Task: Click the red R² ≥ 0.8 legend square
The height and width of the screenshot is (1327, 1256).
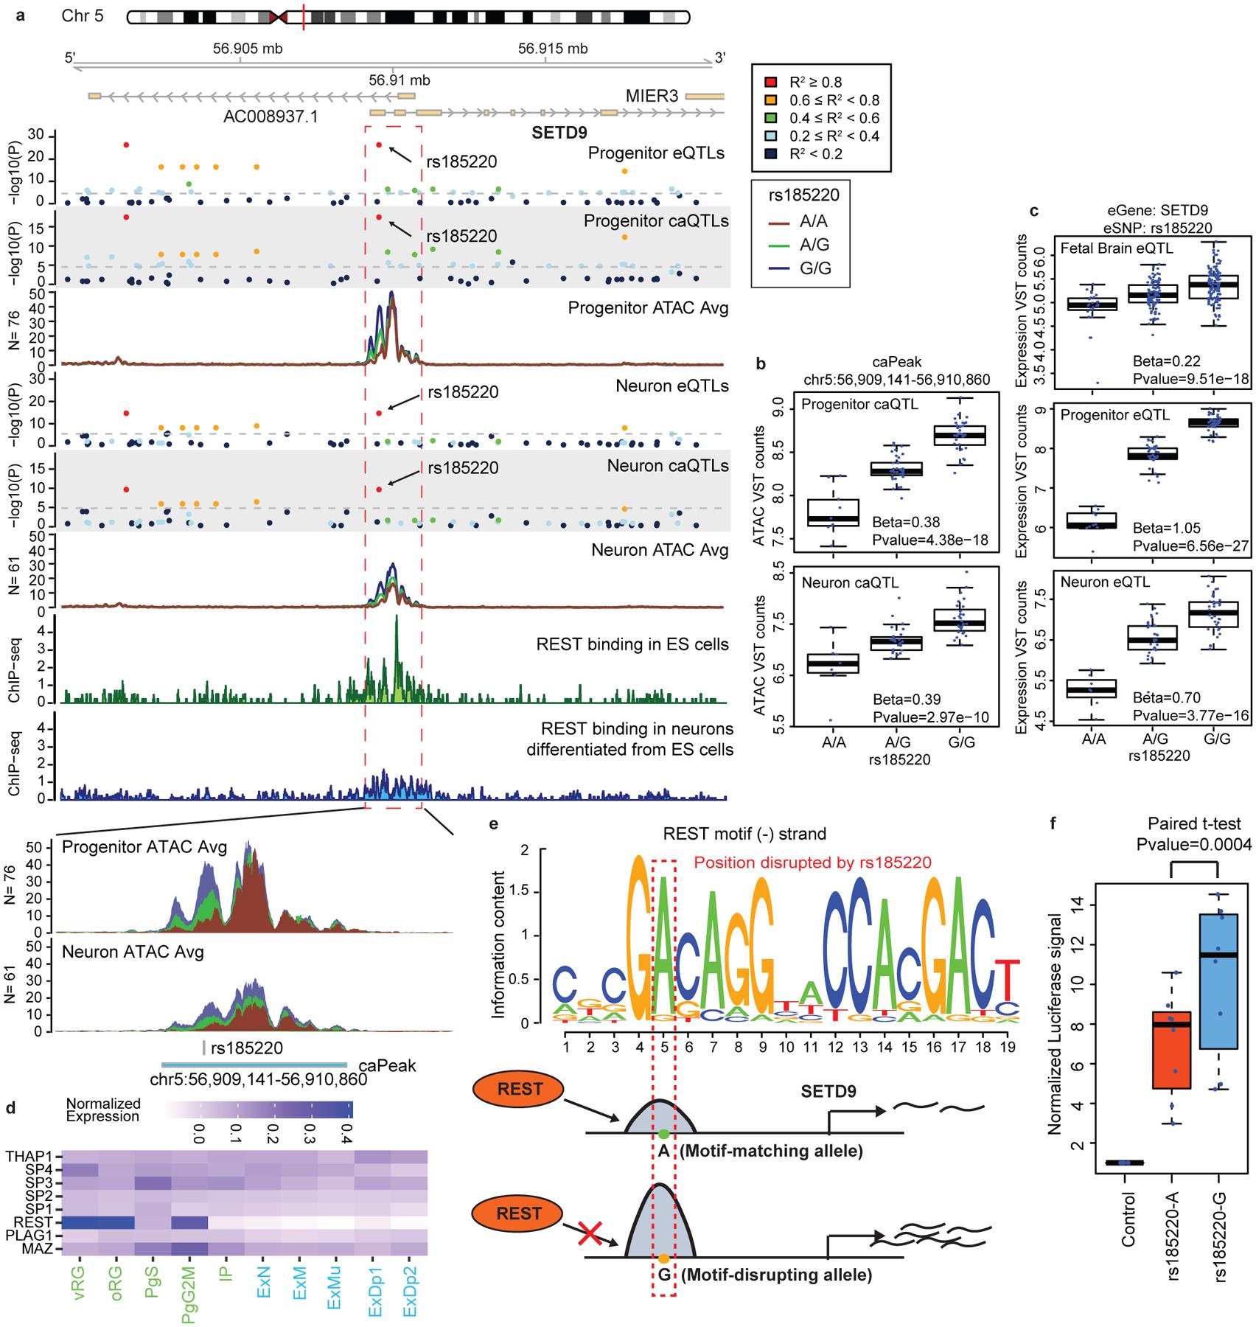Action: tap(771, 82)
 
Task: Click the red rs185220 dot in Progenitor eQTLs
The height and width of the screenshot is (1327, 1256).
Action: tap(379, 145)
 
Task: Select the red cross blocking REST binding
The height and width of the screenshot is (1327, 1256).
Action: tap(589, 1233)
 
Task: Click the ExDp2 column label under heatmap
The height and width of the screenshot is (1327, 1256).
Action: tap(410, 1286)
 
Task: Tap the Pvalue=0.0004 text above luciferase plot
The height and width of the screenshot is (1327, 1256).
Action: tap(1194, 844)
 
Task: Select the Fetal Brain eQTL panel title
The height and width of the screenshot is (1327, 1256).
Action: tap(1117, 248)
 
